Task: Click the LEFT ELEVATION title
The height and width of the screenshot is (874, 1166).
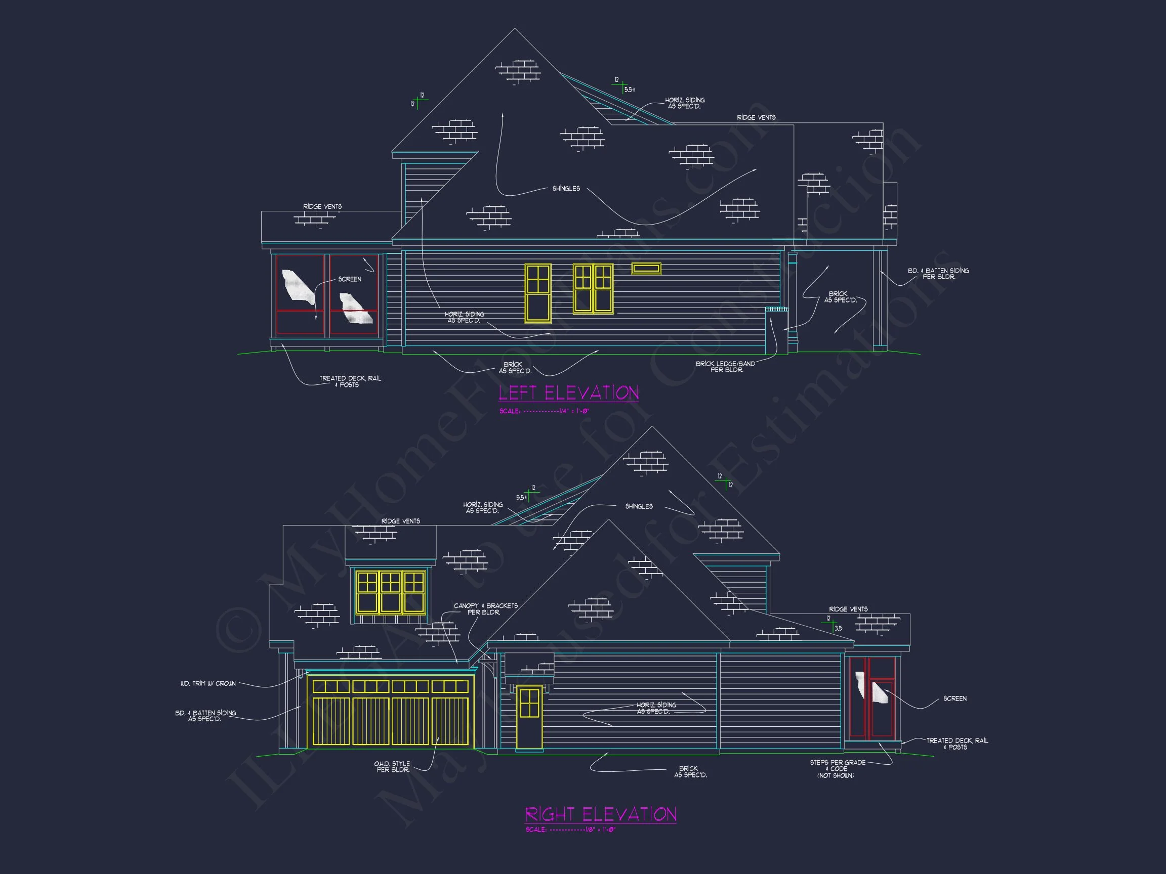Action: [x=568, y=393]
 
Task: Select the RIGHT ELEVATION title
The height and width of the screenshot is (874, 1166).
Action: [x=600, y=814]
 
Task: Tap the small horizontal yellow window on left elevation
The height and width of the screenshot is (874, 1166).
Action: [x=646, y=269]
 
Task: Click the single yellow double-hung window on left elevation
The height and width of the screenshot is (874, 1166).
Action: [x=537, y=293]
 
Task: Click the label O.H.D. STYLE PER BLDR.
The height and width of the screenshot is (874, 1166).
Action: [x=392, y=767]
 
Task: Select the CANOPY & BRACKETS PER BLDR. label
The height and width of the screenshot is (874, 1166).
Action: [x=485, y=608]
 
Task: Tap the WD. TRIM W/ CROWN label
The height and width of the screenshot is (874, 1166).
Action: [x=207, y=683]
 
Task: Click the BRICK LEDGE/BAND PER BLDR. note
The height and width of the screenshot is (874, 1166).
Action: [x=725, y=367]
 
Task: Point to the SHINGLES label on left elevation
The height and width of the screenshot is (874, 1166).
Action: [x=566, y=189]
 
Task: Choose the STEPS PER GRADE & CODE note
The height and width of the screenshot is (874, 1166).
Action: [x=837, y=769]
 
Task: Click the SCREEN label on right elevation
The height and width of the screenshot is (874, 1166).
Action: [x=954, y=698]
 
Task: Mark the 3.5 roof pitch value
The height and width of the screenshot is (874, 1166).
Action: [x=838, y=628]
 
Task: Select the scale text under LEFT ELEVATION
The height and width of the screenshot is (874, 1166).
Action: [x=544, y=411]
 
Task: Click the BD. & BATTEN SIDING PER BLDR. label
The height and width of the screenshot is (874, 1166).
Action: [x=938, y=274]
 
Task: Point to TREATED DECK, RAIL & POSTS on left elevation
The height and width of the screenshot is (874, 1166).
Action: [x=350, y=381]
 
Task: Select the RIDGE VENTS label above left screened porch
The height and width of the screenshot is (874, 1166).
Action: [x=322, y=206]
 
